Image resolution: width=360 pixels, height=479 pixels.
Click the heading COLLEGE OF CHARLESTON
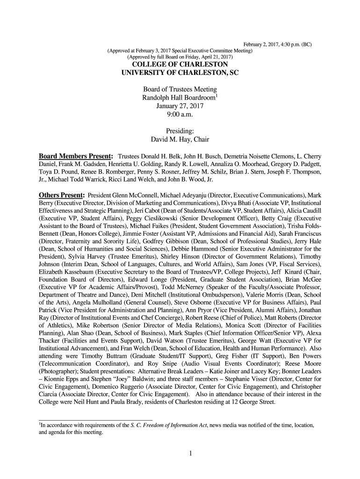180,64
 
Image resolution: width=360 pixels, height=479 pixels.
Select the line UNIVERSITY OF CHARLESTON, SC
180,73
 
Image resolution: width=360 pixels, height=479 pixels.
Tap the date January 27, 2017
180,106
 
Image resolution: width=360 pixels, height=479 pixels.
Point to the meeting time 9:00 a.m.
180,114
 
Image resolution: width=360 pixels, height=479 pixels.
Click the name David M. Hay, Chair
180,139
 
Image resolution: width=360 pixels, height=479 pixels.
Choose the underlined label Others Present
61,194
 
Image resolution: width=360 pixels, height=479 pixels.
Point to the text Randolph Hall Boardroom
178,98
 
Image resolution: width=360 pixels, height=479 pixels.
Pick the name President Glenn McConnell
119,195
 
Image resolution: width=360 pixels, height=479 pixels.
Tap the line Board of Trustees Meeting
180,89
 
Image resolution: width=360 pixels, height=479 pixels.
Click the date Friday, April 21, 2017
205,57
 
